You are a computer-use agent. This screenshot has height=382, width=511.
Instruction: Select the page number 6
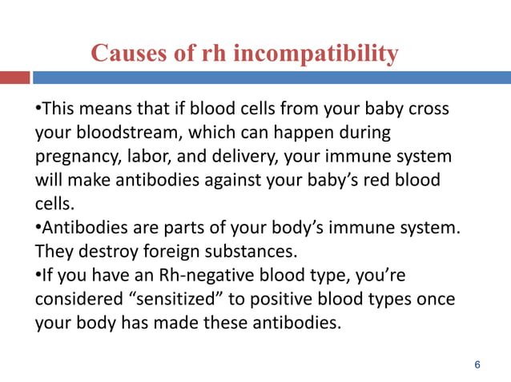477,365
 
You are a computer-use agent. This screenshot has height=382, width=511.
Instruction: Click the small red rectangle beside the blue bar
14,78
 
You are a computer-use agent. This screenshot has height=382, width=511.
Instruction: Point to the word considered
74,300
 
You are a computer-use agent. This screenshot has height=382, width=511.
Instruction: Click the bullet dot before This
37,107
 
